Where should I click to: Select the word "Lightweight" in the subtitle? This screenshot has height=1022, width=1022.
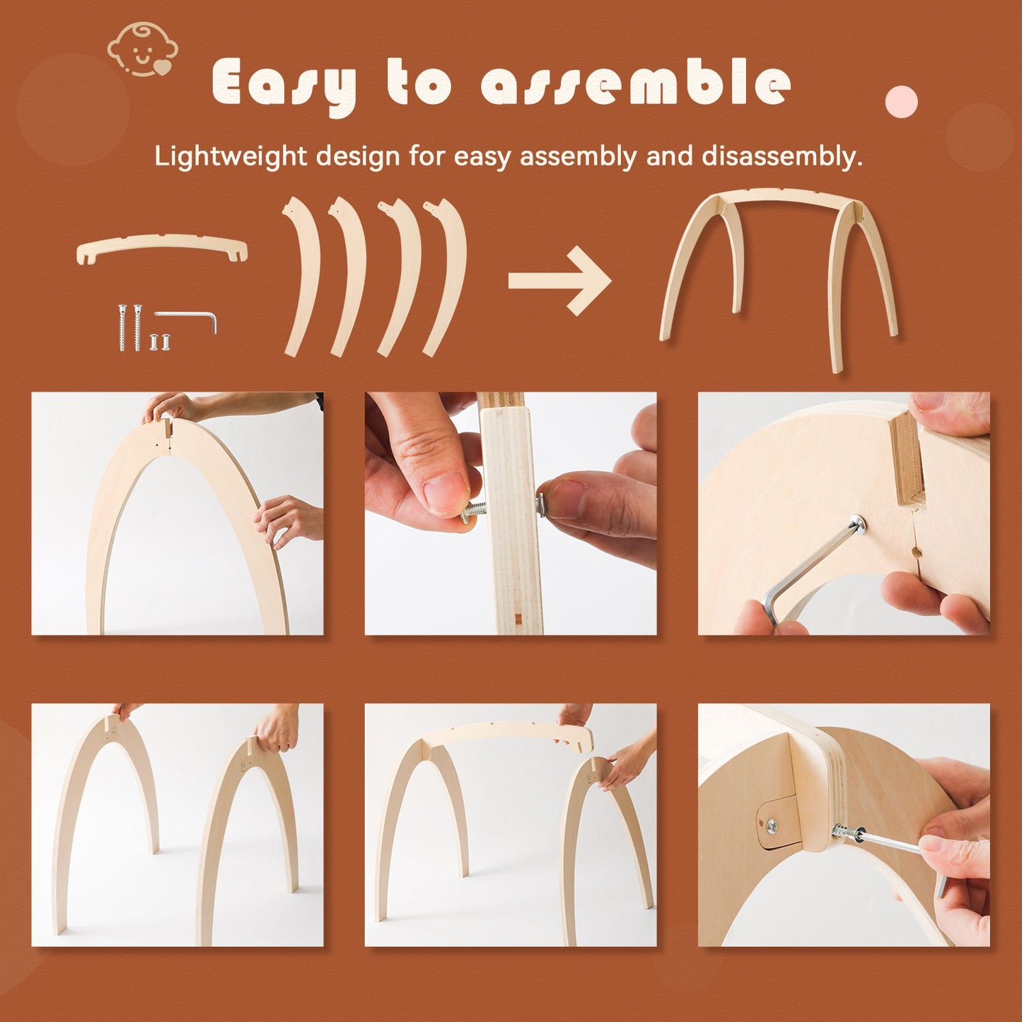tap(231, 156)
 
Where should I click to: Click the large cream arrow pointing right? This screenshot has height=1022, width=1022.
tap(559, 281)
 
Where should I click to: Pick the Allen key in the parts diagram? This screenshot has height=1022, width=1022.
tap(187, 318)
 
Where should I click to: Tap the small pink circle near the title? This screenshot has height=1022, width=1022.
tap(901, 102)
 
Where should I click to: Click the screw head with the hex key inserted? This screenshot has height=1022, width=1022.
tap(859, 524)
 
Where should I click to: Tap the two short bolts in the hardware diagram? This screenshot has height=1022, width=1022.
tap(161, 342)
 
